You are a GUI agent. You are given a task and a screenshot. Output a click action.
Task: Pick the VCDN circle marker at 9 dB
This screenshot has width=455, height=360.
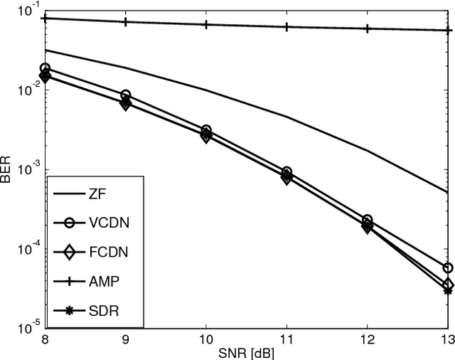(x=125, y=95)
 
